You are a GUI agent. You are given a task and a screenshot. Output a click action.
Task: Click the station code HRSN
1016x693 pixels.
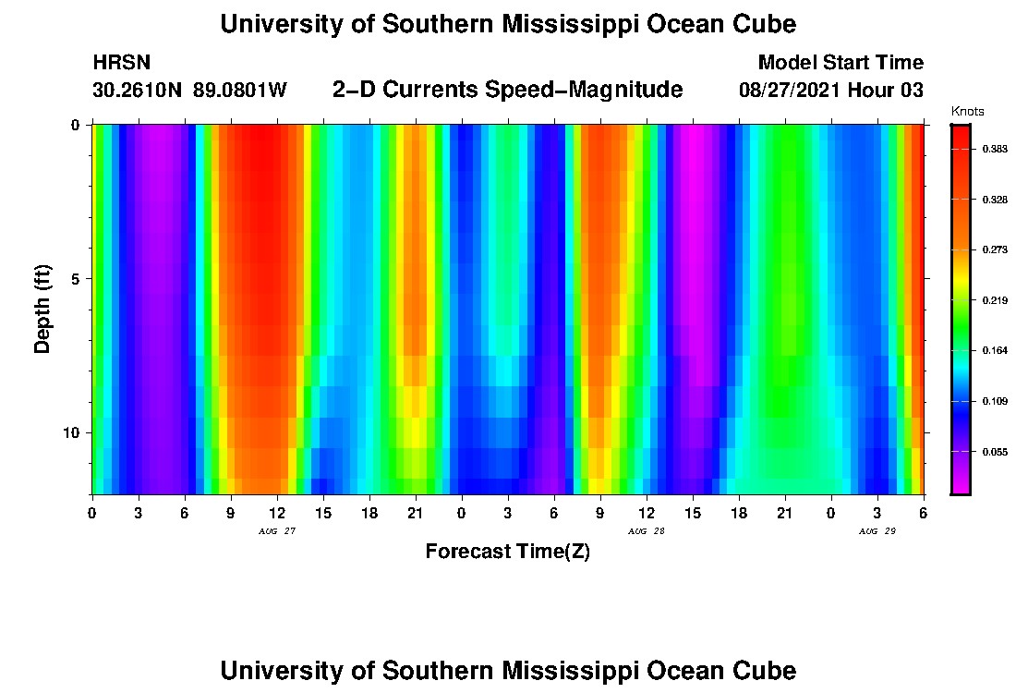(x=121, y=63)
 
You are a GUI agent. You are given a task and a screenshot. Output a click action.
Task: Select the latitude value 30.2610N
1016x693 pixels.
(x=139, y=91)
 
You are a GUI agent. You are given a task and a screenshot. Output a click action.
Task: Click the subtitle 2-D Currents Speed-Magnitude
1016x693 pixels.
(x=507, y=90)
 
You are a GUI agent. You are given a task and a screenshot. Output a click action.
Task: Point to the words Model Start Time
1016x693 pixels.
(x=840, y=63)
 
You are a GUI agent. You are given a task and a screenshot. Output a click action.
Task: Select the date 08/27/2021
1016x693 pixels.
(x=788, y=91)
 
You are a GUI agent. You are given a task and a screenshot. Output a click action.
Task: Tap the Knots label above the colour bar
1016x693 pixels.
(x=967, y=112)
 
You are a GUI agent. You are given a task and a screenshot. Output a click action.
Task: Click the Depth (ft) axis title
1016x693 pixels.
(x=42, y=309)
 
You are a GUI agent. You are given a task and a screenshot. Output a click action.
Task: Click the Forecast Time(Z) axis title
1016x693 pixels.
(x=507, y=552)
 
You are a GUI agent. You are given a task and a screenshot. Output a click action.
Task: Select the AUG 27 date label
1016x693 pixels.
(x=277, y=531)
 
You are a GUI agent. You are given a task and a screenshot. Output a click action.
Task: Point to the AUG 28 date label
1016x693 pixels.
(x=646, y=531)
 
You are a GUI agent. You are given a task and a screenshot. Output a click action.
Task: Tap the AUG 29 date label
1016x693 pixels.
(x=877, y=531)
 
